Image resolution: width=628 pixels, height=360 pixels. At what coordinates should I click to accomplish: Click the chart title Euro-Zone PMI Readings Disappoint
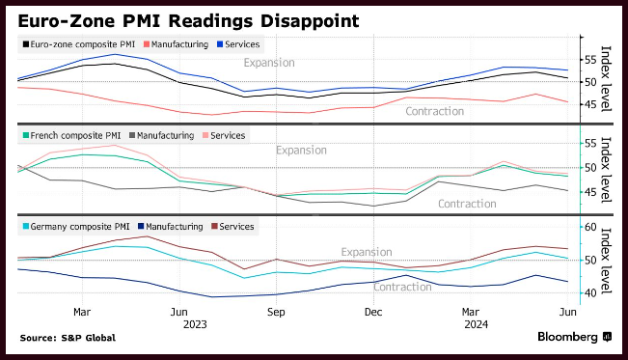[x=188, y=21]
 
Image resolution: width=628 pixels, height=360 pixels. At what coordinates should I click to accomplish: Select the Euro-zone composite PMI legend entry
[x=79, y=44]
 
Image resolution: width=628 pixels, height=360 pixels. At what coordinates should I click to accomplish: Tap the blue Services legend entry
[x=238, y=44]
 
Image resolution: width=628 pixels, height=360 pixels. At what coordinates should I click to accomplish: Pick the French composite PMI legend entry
[x=71, y=135]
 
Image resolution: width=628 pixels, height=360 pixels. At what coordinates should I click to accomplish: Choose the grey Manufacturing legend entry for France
[x=162, y=135]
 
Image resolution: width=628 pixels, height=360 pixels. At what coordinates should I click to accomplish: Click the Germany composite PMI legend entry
[x=76, y=227]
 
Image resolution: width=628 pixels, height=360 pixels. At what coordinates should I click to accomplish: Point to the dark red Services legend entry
[x=232, y=227]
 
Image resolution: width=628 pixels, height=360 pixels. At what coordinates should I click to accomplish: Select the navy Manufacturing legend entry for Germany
[x=171, y=227]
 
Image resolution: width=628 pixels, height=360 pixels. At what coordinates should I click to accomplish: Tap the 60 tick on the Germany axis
[x=590, y=227]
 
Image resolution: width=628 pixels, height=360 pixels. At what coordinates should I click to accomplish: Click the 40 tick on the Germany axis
[x=590, y=292]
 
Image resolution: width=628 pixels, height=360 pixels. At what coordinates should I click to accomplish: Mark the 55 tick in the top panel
[x=590, y=60]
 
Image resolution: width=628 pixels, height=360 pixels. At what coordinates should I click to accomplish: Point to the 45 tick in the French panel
[x=590, y=192]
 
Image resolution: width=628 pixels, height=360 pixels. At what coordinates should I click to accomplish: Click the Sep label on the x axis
[x=276, y=312]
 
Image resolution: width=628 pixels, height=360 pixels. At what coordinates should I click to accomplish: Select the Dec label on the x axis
[x=373, y=312]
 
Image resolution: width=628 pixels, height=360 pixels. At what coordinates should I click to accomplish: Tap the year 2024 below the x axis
[x=477, y=324]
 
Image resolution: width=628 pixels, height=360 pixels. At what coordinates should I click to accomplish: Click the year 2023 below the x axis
[x=195, y=324]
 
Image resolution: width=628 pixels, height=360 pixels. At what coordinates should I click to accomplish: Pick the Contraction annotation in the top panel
[x=434, y=111]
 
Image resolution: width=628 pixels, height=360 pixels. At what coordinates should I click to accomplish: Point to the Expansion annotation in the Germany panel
[x=367, y=252]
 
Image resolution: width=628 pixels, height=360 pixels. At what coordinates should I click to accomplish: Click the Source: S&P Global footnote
[x=68, y=338]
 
